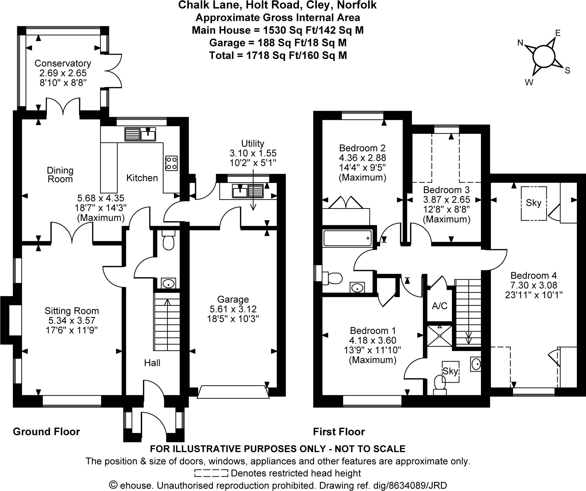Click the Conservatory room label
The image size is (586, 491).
point(63,63)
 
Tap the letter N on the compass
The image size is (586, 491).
point(520,43)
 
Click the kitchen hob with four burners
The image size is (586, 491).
point(171,163)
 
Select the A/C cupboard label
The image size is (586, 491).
point(439,306)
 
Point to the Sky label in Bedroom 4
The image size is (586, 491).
point(534,203)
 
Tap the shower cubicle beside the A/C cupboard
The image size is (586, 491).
point(439,336)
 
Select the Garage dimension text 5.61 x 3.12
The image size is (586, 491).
point(233,309)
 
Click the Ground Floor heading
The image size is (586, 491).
point(46,431)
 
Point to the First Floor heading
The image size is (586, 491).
point(339,431)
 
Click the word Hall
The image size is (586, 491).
point(152,363)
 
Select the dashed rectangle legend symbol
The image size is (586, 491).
point(211,473)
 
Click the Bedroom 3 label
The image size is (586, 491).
point(446,190)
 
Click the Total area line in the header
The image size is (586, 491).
point(278,55)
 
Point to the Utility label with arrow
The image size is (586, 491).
point(252,143)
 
